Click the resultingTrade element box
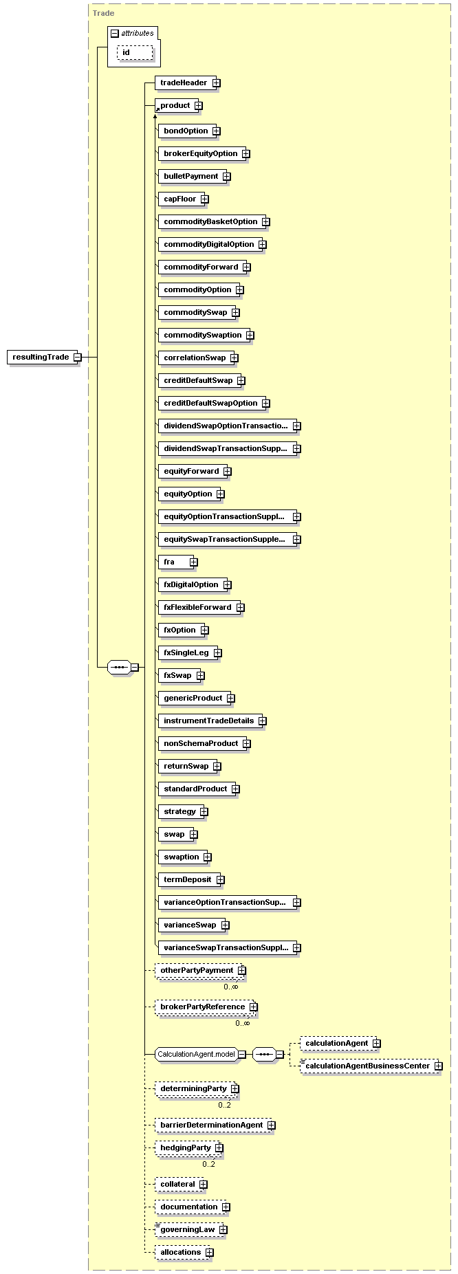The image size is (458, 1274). point(41,358)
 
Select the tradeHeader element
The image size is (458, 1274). point(184,83)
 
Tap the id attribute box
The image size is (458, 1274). point(134,53)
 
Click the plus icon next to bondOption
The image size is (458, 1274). point(216,131)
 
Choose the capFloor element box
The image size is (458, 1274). point(180,199)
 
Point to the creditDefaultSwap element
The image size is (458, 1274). point(198,381)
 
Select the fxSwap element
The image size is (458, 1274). point(177,676)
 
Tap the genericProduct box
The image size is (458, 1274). point(193,699)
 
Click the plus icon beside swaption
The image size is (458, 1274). point(208,857)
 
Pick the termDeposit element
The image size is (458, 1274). point(188,880)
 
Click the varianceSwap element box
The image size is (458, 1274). point(190,925)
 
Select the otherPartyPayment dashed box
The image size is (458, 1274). point(197,971)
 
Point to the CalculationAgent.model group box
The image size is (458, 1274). point(196,1054)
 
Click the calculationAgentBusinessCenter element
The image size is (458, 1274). point(367,1066)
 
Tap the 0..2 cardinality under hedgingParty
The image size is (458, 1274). point(208,1164)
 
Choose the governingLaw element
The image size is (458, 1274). point(187,1229)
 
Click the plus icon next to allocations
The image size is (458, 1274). point(210,1253)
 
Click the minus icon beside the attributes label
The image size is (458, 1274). point(114,33)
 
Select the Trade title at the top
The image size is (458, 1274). point(103,13)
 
